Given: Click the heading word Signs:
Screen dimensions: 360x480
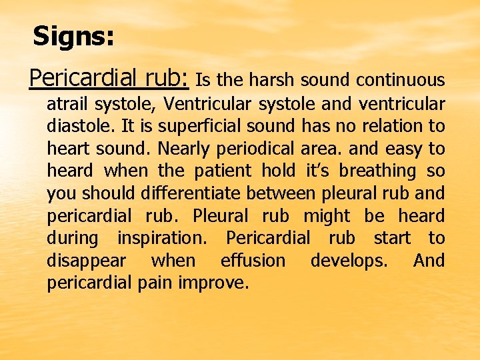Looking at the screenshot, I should click(x=73, y=36).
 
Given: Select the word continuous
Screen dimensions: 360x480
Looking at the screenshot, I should click(x=400, y=81).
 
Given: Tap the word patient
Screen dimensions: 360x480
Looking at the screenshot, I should click(x=224, y=171).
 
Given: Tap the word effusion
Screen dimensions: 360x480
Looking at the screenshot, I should click(x=253, y=261).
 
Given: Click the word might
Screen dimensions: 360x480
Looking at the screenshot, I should click(x=326, y=216).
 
